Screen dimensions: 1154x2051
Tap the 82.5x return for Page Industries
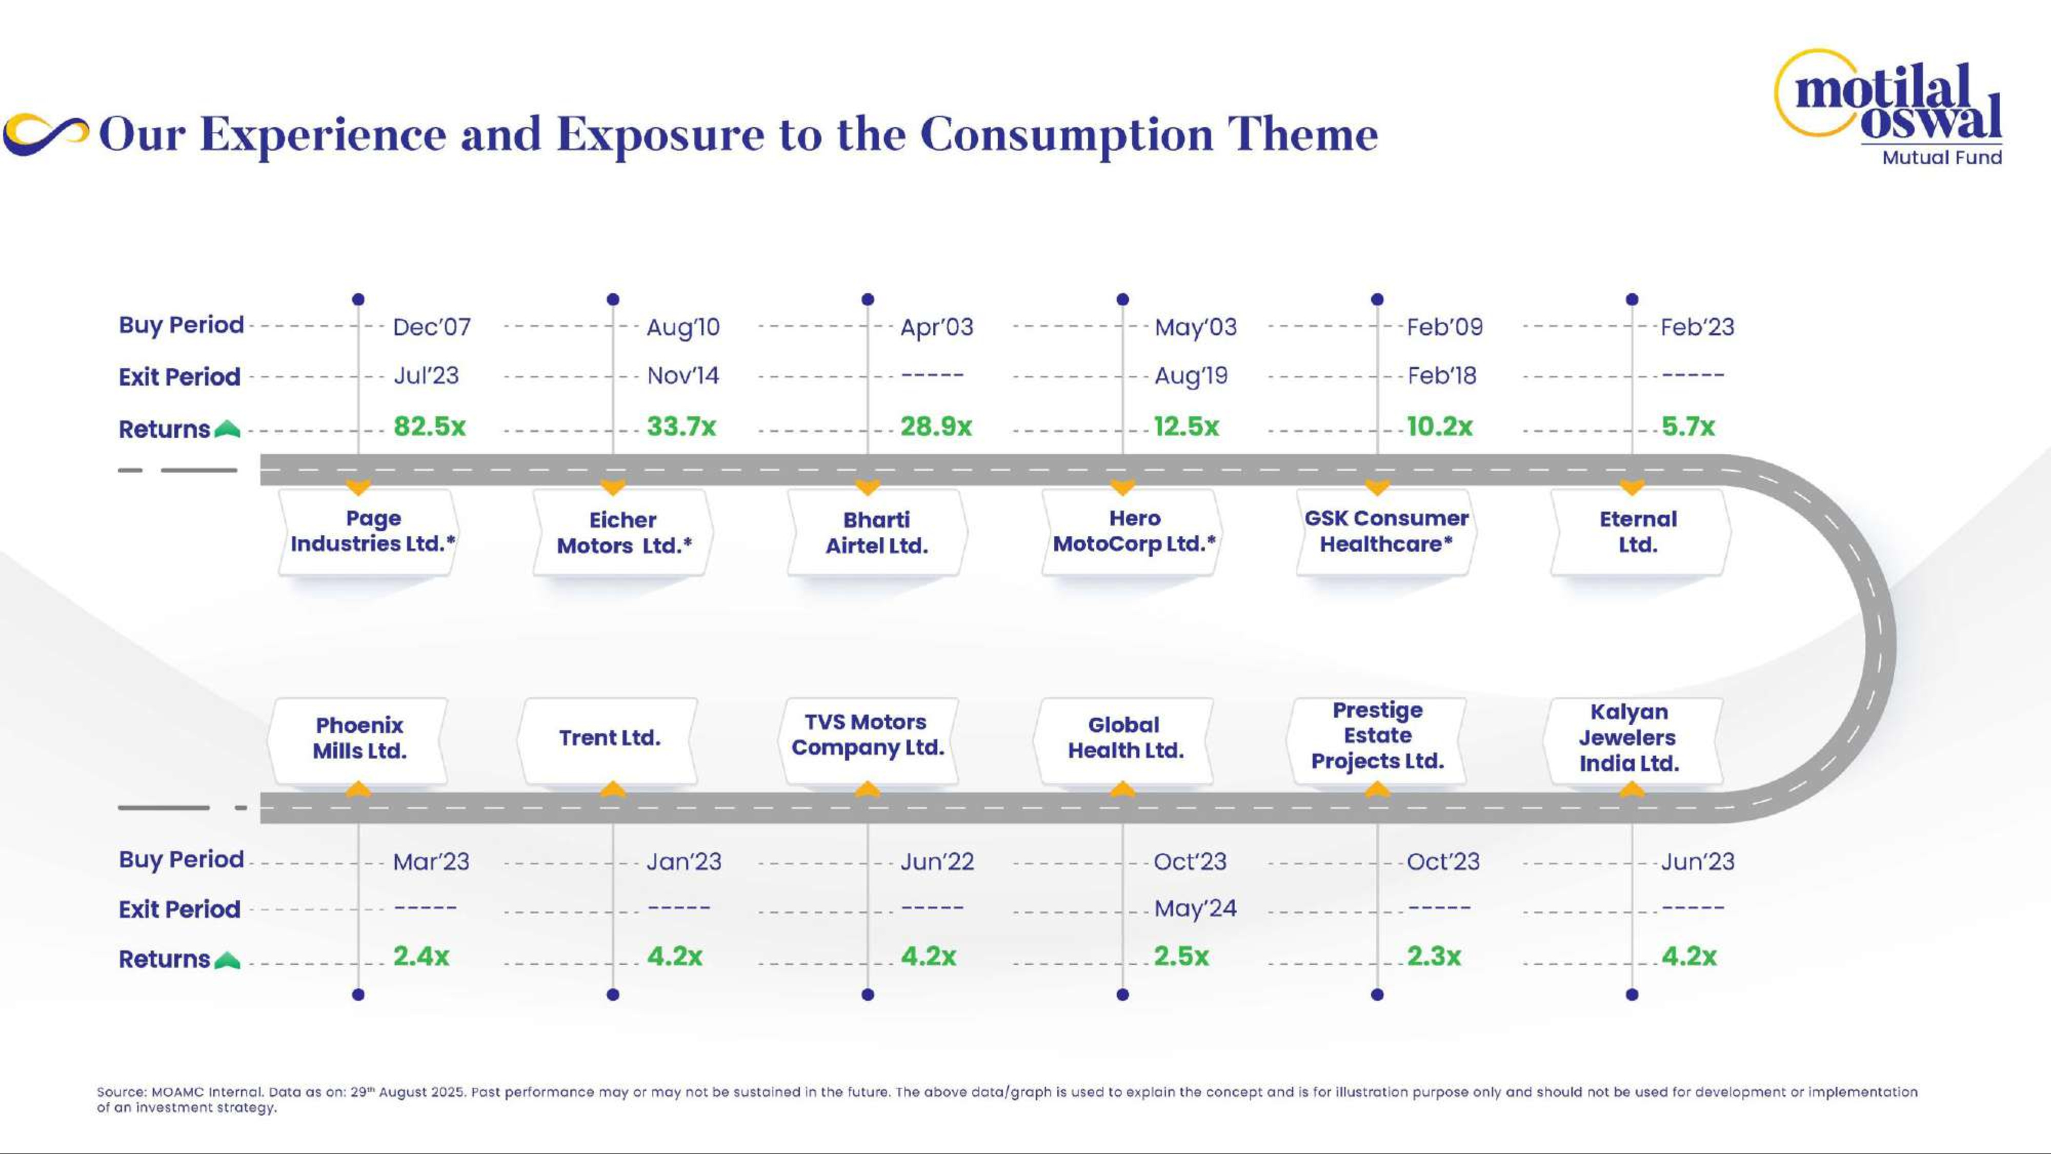click(x=429, y=427)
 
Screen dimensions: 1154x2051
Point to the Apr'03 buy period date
click(x=936, y=327)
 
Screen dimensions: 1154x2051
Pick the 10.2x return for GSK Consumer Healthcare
click(x=1439, y=427)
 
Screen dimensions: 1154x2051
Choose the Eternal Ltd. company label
click(x=1638, y=532)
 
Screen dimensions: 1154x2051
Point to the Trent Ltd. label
click(x=609, y=738)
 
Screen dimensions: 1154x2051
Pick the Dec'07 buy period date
click(x=432, y=327)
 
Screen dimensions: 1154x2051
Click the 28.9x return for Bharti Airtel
click(x=936, y=427)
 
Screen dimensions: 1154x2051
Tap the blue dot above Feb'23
click(x=1632, y=300)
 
